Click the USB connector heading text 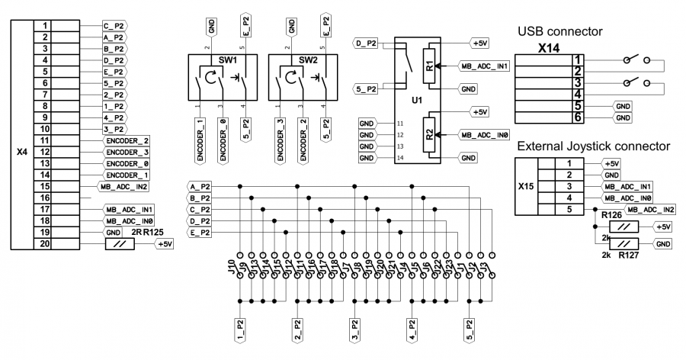pyautogui.click(x=559, y=32)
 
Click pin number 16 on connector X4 pyautogui.click(x=45, y=197)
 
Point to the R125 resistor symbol pyautogui.click(x=119, y=244)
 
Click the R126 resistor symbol pyautogui.click(x=624, y=227)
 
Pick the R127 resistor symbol pyautogui.click(x=624, y=243)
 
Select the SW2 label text pyautogui.click(x=308, y=59)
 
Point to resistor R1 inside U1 pyautogui.click(x=429, y=66)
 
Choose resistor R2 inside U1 pyautogui.click(x=429, y=134)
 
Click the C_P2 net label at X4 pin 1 pyautogui.click(x=114, y=25)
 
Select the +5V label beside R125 pyautogui.click(x=165, y=244)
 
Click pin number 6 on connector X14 pyautogui.click(x=579, y=118)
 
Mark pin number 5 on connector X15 pyautogui.click(x=568, y=209)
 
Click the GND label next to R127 pyautogui.click(x=662, y=243)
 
